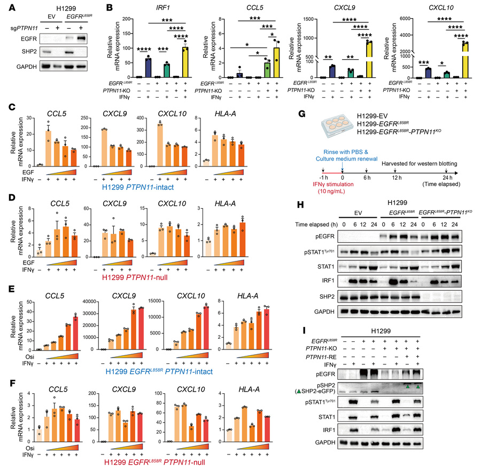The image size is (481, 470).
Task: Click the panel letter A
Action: (6, 7)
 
